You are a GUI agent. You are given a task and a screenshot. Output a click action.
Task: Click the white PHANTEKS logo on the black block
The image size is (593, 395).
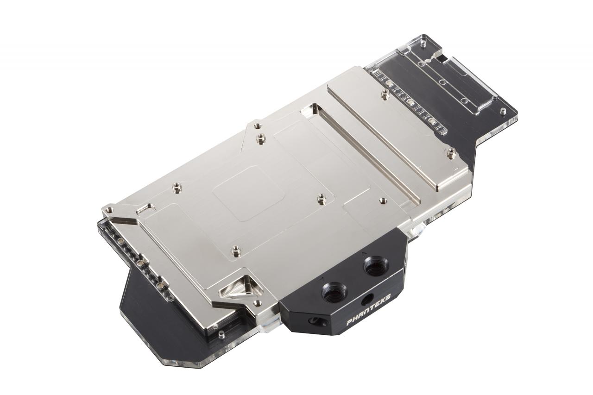point(368,316)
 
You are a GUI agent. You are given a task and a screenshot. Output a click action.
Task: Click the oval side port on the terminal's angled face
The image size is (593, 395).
point(316,321)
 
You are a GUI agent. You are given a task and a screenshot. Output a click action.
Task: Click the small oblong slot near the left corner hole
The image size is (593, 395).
point(145,209)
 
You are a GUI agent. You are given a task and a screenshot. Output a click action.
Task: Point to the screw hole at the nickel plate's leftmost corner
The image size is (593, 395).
point(108,210)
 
